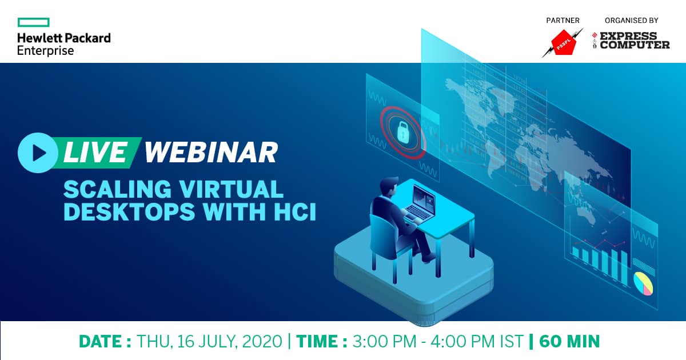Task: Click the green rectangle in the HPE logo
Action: (x=33, y=22)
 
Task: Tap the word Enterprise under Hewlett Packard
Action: (x=45, y=51)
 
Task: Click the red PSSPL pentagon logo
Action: (x=564, y=42)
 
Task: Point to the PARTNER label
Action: (x=563, y=21)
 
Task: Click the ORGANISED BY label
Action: (x=632, y=21)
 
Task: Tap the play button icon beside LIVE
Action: (x=38, y=153)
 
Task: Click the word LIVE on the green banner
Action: (x=95, y=153)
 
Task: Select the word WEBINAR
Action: (x=211, y=153)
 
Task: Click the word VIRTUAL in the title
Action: (x=231, y=190)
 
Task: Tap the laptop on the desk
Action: (x=421, y=203)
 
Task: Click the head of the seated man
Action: (x=388, y=185)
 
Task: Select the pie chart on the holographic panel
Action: (x=643, y=283)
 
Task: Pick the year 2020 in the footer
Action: (x=262, y=342)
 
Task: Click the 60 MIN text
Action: (x=569, y=342)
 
